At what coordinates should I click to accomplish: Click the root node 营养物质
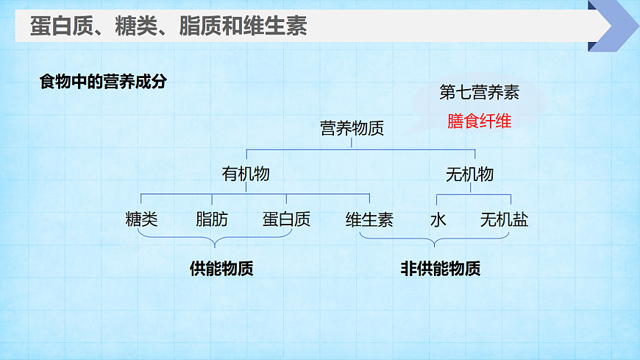point(352,128)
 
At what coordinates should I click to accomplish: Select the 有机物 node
point(246,174)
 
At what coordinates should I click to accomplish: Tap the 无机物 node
point(469,174)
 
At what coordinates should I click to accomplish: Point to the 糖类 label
point(141,219)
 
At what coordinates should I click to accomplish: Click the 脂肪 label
point(212,219)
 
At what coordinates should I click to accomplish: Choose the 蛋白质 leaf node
point(286,219)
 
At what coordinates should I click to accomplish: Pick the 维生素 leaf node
point(369,219)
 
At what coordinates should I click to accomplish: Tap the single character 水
point(438,219)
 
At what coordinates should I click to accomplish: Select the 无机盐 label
point(504,219)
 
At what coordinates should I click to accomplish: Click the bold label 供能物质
point(221,269)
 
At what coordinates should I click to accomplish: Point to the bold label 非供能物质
point(440,269)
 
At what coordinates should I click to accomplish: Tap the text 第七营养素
point(479,93)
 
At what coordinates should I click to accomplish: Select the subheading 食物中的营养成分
point(103,82)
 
